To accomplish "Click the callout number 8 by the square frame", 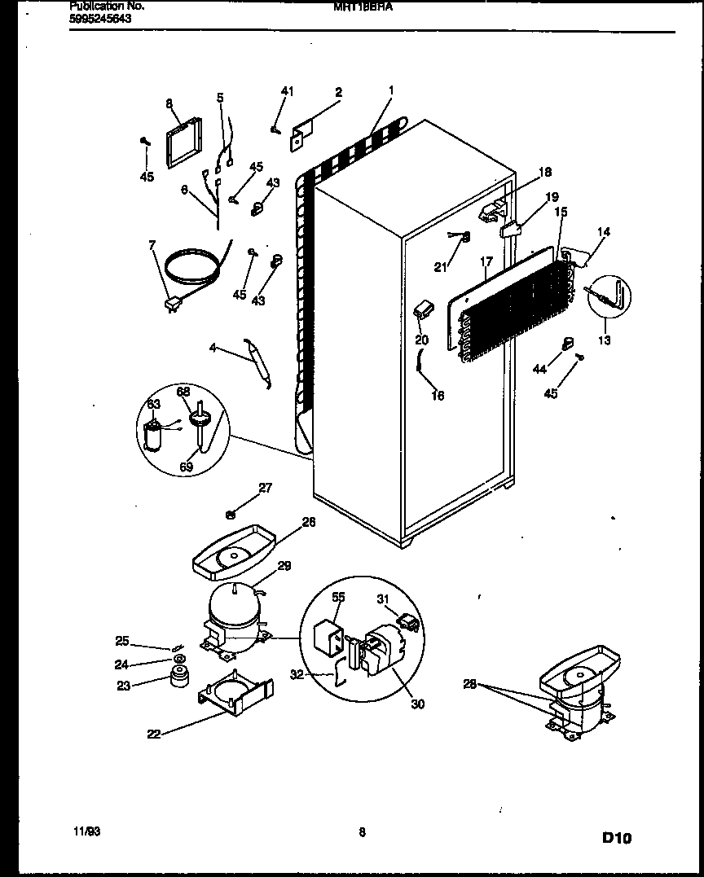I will pos(169,103).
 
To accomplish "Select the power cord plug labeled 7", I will pos(171,305).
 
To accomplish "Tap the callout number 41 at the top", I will pos(287,91).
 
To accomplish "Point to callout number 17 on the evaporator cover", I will pos(486,263).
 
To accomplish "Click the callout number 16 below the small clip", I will pos(438,397).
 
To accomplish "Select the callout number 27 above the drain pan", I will pos(266,488).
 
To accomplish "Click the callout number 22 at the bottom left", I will pos(154,733).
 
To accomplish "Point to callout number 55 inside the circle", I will pos(338,597).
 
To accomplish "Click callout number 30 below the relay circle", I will pos(417,704).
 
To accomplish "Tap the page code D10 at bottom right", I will pos(617,836).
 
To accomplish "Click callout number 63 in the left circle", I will pos(154,404).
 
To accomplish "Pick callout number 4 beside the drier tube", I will pos(213,348).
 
